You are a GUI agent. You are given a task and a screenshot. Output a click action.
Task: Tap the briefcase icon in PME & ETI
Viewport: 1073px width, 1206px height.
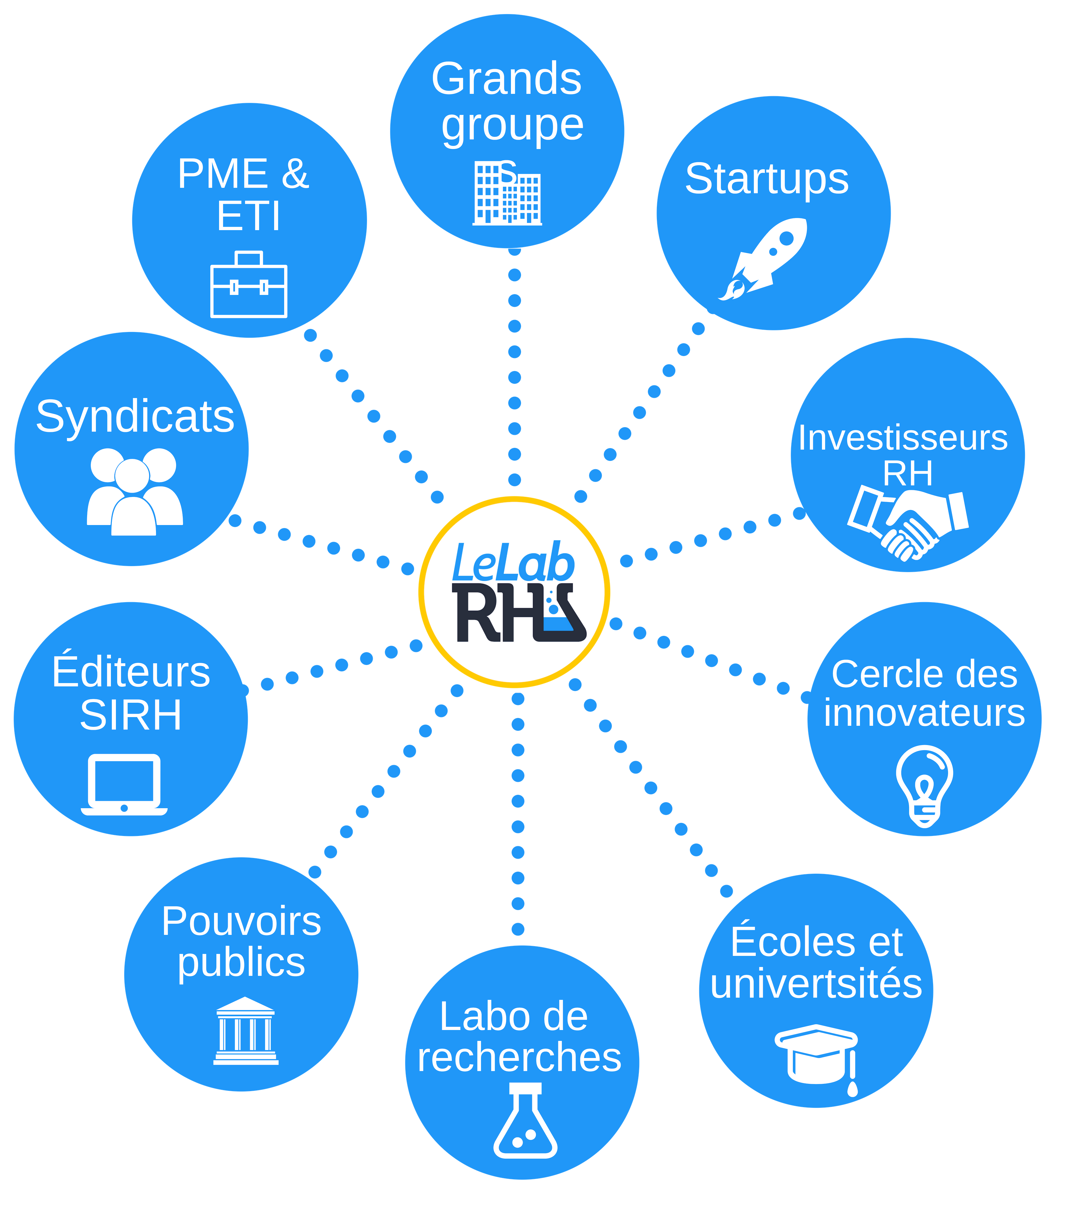248,285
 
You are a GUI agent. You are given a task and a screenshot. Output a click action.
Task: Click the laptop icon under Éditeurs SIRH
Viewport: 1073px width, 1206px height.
124,785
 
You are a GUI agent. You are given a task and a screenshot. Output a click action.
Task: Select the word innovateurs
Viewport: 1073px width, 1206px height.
924,713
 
